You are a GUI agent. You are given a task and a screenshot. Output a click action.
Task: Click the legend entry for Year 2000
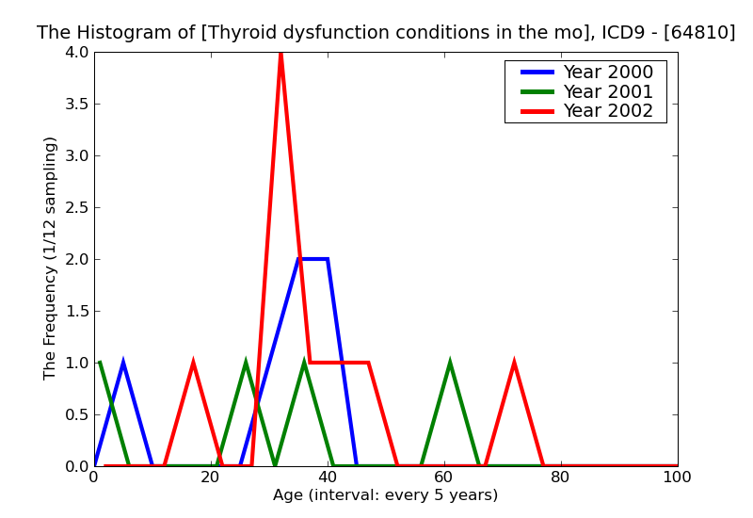click(607, 73)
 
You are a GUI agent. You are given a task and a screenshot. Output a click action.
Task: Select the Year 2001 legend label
click(607, 91)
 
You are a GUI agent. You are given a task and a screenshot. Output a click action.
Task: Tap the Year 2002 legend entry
click(607, 111)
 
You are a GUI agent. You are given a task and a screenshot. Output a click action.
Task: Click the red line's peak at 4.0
click(280, 54)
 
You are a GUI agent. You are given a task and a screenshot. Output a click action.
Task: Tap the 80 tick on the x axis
click(561, 478)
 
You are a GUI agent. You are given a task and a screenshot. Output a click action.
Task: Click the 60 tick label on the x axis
click(444, 478)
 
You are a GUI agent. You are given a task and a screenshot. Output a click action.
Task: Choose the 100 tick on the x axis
click(677, 478)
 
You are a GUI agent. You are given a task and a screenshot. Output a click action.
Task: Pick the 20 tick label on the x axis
click(211, 478)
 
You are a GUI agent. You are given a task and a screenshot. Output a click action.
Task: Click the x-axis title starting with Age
click(385, 495)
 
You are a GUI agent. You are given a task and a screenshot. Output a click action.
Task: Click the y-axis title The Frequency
click(51, 258)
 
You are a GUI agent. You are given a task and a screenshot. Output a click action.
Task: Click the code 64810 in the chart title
click(705, 33)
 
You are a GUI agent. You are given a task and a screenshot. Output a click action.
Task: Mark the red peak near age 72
click(514, 364)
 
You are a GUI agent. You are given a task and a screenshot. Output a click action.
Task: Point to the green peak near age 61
click(450, 364)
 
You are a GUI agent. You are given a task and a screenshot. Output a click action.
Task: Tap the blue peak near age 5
click(123, 364)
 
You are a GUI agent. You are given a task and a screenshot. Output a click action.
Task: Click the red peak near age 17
click(193, 364)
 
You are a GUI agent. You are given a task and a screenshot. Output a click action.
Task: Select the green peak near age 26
click(246, 364)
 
